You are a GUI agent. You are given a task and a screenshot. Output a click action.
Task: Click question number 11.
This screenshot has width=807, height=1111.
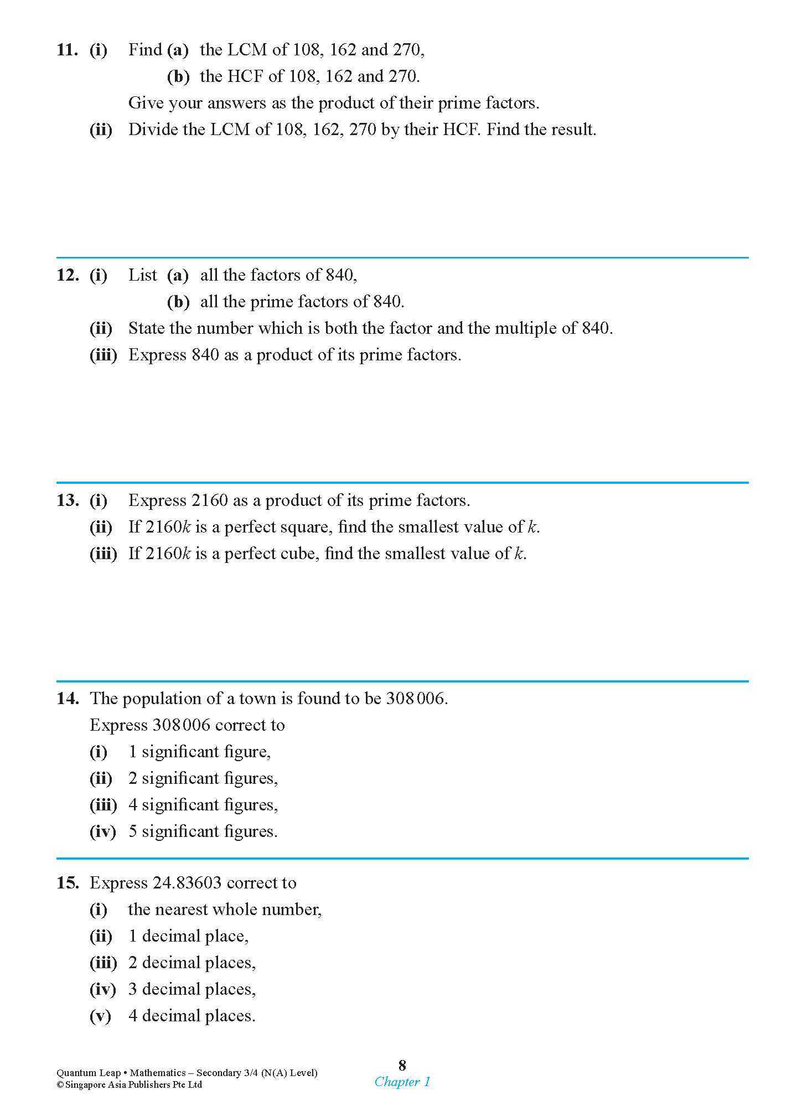[x=67, y=50]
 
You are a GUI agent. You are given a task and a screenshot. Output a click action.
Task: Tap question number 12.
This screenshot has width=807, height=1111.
[x=67, y=275]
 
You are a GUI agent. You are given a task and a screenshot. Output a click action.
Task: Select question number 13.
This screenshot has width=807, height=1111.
[x=67, y=500]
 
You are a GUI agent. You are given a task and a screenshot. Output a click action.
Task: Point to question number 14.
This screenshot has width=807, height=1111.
[x=67, y=699]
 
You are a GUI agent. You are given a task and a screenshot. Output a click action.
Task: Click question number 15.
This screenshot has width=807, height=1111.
[x=67, y=883]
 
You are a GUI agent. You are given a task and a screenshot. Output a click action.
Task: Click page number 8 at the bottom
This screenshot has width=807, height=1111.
[x=402, y=1065]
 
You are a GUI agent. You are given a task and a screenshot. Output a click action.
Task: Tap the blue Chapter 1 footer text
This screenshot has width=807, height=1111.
[x=402, y=1082]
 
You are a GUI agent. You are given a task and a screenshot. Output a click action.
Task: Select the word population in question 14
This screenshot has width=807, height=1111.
[x=162, y=699]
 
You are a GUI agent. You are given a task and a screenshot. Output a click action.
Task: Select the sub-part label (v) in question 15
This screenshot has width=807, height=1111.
[x=100, y=1016]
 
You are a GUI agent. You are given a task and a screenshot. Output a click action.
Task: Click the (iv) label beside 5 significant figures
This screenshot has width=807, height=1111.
[x=102, y=831]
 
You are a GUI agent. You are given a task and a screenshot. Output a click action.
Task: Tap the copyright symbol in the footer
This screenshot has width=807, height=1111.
[x=60, y=1085]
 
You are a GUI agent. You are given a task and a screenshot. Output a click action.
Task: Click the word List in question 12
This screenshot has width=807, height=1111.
[x=142, y=275]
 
